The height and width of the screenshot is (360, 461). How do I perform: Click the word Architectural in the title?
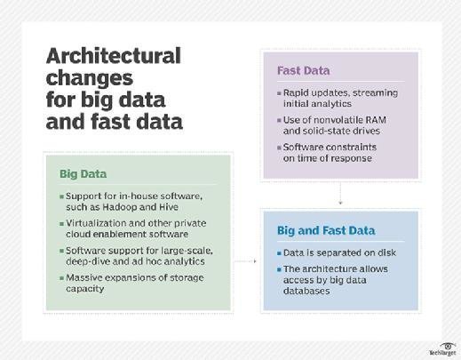(114, 56)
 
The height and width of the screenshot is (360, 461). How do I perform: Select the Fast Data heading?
(303, 70)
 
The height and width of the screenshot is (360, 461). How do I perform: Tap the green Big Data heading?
(83, 174)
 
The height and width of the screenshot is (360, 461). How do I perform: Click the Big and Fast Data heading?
(326, 230)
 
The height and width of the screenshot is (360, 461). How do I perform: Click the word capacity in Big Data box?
(85, 289)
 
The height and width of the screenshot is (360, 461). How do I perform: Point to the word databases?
(306, 291)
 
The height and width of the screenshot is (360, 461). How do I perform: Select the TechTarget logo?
(442, 349)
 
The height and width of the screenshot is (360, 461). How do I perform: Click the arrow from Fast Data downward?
(340, 194)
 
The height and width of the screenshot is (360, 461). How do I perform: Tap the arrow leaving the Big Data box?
(245, 261)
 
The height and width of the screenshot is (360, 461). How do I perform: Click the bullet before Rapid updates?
(279, 93)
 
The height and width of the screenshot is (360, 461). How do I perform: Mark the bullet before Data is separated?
(279, 253)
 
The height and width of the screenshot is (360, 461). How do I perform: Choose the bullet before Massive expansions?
(61, 278)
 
